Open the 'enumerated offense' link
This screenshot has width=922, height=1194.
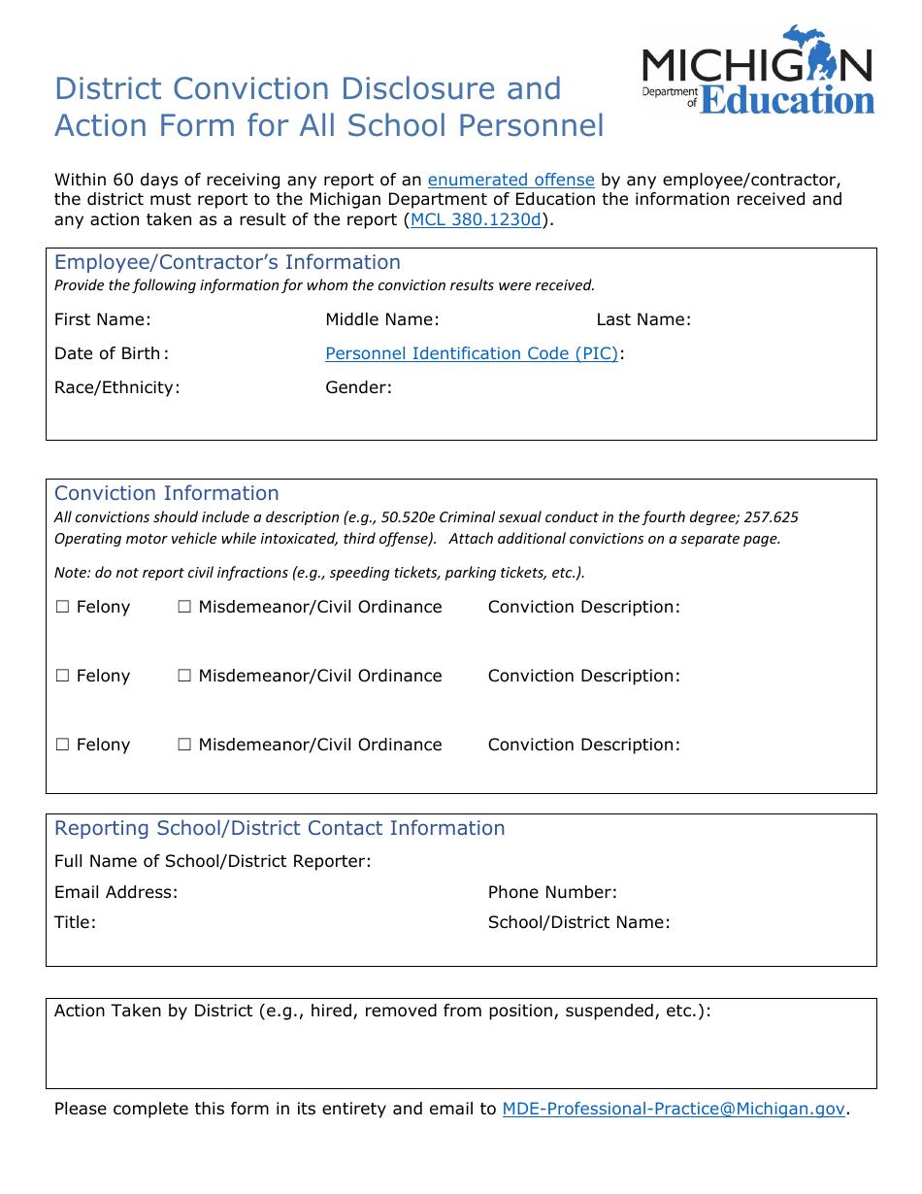(510, 180)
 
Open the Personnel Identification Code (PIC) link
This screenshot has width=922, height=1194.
(472, 353)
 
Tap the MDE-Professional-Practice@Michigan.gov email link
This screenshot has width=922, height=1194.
(674, 1109)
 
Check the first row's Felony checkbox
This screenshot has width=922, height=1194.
(63, 607)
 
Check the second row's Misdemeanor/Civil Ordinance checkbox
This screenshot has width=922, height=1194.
(184, 676)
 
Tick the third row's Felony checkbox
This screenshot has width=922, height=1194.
(63, 745)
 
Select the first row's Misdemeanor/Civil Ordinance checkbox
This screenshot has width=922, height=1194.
(184, 607)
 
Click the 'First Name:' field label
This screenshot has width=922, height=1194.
(102, 319)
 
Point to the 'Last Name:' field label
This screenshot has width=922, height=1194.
(643, 319)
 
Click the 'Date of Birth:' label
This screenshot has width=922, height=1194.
(111, 353)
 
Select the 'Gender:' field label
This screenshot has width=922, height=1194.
(358, 387)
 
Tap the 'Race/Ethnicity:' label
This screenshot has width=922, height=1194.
(116, 387)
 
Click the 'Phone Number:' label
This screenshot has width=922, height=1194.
(552, 892)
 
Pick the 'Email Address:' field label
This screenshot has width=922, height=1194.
(115, 892)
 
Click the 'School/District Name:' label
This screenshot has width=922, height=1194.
(578, 922)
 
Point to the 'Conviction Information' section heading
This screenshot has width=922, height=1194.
(166, 493)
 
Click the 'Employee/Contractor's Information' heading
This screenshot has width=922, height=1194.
(227, 262)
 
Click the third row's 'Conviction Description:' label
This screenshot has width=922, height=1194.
(583, 745)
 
